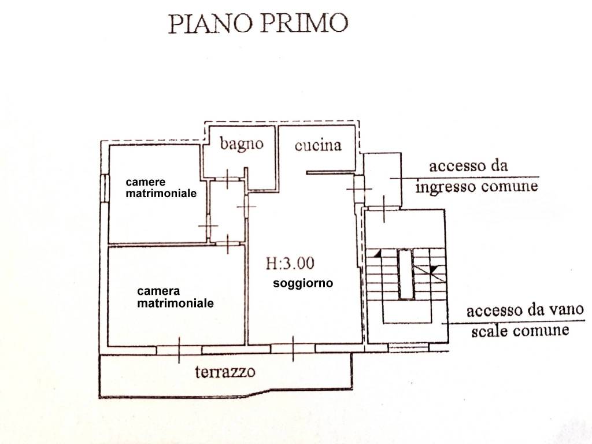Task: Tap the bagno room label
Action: [x=242, y=143]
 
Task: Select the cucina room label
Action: [x=318, y=145]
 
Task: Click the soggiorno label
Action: [x=303, y=283]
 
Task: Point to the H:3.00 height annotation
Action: [x=290, y=264]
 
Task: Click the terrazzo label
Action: [x=225, y=371]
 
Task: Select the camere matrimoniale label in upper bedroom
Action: [x=161, y=188]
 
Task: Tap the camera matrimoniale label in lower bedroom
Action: [x=175, y=297]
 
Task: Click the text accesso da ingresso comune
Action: [x=476, y=176]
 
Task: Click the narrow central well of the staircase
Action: [x=406, y=274]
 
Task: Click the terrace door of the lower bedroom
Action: [x=179, y=349]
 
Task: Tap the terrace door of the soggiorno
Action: [x=293, y=349]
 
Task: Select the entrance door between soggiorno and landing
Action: [x=358, y=189]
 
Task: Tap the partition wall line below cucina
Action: [x=330, y=172]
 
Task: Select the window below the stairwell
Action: [x=405, y=348]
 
